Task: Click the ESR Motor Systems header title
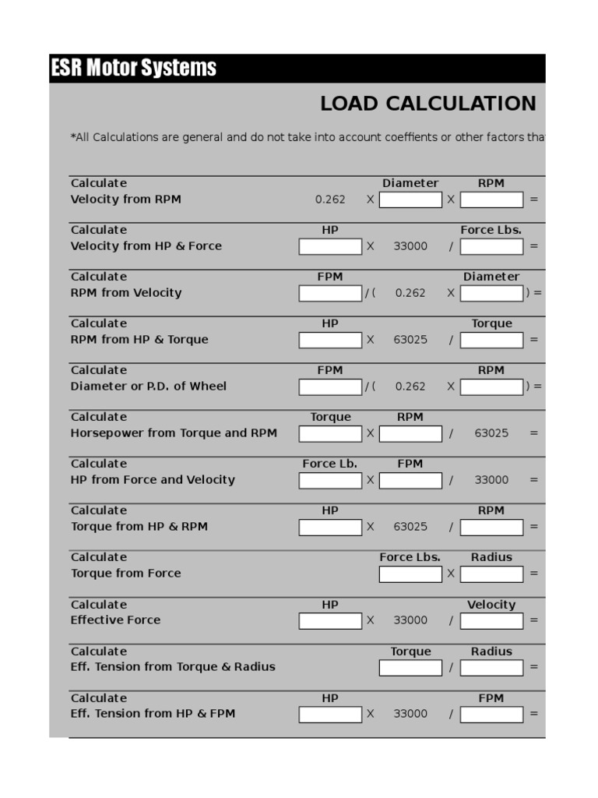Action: [x=133, y=69]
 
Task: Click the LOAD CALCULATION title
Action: [x=427, y=104]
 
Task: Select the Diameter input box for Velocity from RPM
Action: [x=410, y=199]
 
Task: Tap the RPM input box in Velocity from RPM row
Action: [x=491, y=199]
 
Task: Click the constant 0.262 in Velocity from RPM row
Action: [x=330, y=199]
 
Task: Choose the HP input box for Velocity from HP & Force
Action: [x=330, y=246]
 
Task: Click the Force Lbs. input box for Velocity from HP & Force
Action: [x=491, y=246]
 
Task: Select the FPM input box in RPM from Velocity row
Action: [x=330, y=293]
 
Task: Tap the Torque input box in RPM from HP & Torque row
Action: [x=491, y=340]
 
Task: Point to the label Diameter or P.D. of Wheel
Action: [x=149, y=387]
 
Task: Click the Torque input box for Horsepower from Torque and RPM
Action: [x=330, y=433]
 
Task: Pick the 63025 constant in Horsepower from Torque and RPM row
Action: [x=491, y=433]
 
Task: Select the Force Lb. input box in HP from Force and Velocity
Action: [x=330, y=480]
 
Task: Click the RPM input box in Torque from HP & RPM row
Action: [x=491, y=527]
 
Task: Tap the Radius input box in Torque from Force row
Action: [x=491, y=574]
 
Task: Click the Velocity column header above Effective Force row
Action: [x=491, y=605]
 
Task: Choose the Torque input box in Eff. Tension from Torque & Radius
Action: [x=410, y=667]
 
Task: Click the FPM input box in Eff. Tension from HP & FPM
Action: [x=491, y=714]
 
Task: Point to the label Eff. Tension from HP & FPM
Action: [x=153, y=714]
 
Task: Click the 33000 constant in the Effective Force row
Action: [x=410, y=620]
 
